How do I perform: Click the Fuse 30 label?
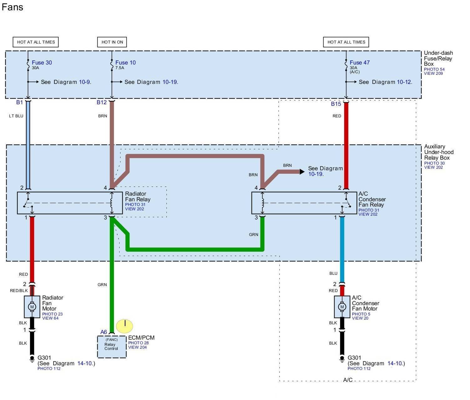[x=42, y=63]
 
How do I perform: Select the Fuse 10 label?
[x=125, y=63]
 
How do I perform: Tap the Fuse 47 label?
[x=360, y=63]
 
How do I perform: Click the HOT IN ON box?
[x=112, y=42]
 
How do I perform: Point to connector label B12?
[x=102, y=102]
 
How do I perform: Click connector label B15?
[x=336, y=104]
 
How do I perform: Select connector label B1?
[x=19, y=102]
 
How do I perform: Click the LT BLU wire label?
[x=16, y=116]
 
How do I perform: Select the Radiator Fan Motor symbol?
[x=32, y=307]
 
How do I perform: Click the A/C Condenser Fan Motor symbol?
[x=342, y=307]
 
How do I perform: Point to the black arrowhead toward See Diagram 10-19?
[x=302, y=172]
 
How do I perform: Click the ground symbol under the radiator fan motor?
[x=32, y=358]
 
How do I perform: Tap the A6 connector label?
[x=104, y=332]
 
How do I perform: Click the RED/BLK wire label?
[x=19, y=291]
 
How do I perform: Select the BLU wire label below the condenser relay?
[x=333, y=273]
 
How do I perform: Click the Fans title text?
[x=13, y=7]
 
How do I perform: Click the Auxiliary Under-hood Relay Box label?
[x=439, y=152]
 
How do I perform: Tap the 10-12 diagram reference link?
[x=404, y=82]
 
